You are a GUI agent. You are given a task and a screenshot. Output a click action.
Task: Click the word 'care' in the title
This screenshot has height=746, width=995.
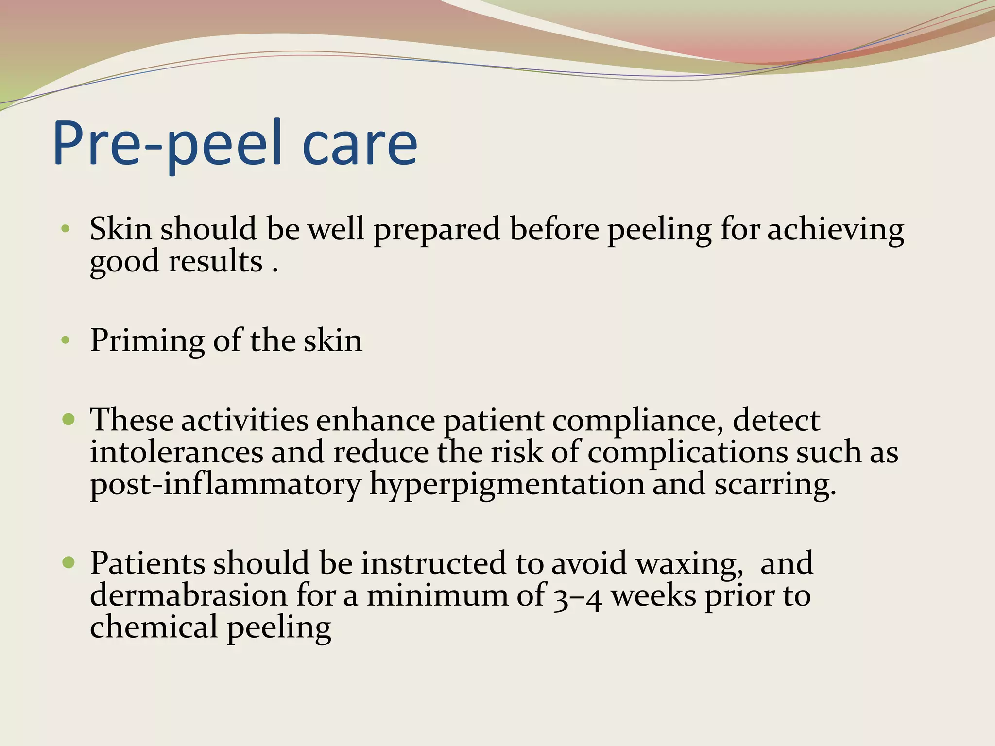360,144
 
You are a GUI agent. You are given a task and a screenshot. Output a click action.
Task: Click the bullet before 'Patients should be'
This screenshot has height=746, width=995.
69,562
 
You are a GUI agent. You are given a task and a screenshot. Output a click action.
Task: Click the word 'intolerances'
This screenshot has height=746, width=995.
176,452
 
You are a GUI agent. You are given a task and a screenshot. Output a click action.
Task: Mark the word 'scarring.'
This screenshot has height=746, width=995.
775,485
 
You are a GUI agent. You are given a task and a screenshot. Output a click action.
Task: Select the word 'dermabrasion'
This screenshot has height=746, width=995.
189,595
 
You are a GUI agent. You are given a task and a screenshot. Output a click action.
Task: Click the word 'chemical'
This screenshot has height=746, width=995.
154,627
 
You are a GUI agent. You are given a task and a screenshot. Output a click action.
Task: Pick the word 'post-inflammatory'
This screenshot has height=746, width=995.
225,485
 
